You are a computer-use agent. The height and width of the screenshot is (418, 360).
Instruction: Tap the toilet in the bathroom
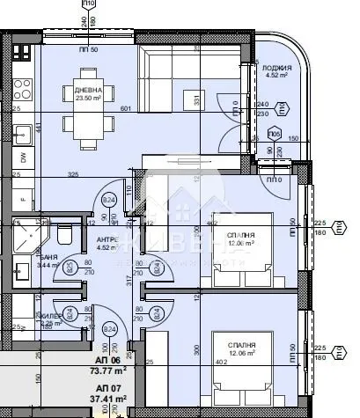pyautogui.click(x=62, y=235)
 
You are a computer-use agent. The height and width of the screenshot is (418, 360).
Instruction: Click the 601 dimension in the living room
pyautogui.click(x=125, y=108)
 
